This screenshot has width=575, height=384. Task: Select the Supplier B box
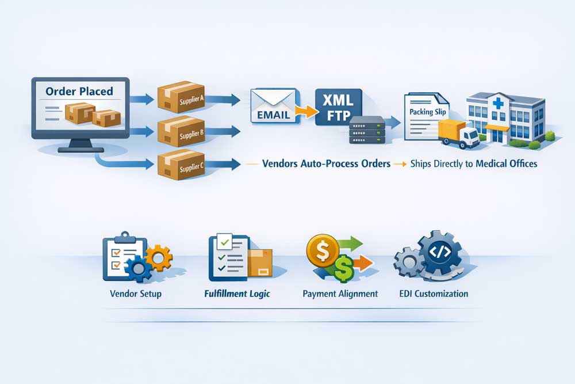tap(181, 132)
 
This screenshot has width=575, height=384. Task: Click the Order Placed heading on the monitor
tap(79, 91)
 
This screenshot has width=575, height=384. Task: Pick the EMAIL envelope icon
tap(273, 106)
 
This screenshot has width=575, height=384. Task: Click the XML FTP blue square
tap(339, 106)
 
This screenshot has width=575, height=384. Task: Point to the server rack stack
tap(367, 131)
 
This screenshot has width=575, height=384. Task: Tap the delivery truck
tap(458, 134)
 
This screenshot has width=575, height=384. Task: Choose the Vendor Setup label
tap(136, 294)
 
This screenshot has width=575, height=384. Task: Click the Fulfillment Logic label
tap(237, 294)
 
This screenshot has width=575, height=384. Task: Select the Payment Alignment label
tap(340, 294)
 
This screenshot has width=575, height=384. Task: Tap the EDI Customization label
tap(434, 294)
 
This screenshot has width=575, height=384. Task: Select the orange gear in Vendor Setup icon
tap(158, 257)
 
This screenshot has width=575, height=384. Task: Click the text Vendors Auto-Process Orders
tap(326, 164)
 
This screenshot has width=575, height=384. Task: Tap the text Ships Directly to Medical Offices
tap(474, 164)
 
